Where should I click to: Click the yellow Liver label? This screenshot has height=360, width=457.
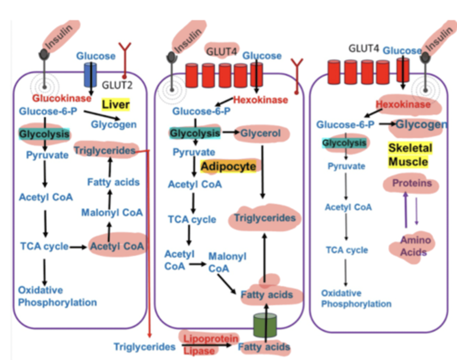[116, 104]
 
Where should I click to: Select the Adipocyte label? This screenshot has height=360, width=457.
[228, 166]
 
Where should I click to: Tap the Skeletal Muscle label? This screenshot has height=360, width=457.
[409, 155]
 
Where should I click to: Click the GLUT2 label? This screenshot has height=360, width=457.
[117, 85]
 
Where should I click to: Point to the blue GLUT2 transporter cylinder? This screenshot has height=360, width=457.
[90, 75]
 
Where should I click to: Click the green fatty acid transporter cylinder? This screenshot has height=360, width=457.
[265, 325]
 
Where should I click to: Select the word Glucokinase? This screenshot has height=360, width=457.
[62, 98]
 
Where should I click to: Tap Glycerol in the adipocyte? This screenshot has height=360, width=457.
[260, 133]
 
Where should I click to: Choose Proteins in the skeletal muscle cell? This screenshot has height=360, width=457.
[412, 183]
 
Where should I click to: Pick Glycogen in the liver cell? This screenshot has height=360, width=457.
[114, 124]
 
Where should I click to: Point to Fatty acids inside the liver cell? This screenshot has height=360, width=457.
[113, 182]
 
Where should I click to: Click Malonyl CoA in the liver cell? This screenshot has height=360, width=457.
[112, 212]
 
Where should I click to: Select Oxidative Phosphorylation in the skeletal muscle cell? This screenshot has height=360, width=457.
[356, 299]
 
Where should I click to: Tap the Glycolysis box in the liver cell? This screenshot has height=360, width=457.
[44, 134]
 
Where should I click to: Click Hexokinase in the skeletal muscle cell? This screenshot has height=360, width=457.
[403, 104]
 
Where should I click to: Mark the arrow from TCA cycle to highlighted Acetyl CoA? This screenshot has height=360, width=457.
[78, 247]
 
